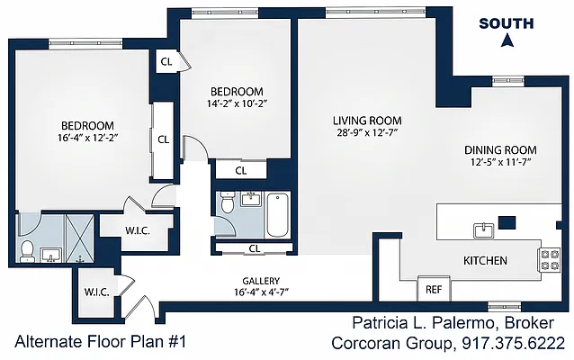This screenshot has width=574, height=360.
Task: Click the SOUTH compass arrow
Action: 507,40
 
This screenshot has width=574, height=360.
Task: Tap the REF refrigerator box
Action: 435,289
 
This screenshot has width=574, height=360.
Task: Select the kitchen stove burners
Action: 550,260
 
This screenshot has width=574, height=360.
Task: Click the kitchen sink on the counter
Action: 483,230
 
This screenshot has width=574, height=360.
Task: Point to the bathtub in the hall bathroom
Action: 277,215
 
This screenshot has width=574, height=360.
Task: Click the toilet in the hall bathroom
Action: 228,202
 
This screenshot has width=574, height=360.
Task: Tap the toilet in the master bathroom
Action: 27,251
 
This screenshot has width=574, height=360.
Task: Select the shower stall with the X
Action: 79,238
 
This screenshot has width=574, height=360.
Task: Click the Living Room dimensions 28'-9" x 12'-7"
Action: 367,132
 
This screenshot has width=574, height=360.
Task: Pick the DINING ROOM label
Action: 500,150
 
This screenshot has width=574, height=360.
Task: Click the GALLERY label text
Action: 261,282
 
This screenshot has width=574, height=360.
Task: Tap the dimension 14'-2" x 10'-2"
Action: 237,103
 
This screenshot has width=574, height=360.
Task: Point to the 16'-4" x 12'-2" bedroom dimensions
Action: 87,138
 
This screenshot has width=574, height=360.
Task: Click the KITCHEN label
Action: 486,261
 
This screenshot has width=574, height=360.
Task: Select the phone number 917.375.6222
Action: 513,344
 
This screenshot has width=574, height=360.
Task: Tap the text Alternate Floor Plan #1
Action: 101,342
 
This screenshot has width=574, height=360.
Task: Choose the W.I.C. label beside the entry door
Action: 96,292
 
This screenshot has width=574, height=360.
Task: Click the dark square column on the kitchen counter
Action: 507,222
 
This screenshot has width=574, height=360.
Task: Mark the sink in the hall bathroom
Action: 251,199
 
